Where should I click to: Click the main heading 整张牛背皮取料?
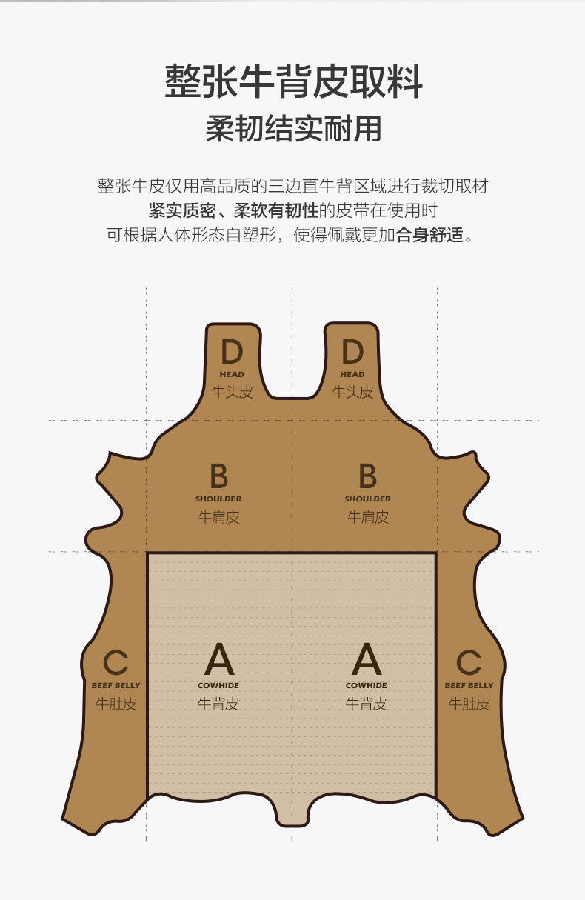tap(293, 81)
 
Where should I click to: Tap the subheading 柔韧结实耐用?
tap(293, 129)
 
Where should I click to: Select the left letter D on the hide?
tap(232, 352)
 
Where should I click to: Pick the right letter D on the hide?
tap(352, 352)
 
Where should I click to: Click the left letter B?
tap(218, 476)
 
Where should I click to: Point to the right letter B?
tap(367, 476)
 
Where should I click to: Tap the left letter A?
tap(218, 659)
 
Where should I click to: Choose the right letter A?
tap(366, 659)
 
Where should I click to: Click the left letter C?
tap(116, 662)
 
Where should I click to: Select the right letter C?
tap(469, 662)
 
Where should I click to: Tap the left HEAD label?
tap(232, 375)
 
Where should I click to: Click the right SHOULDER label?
tap(367, 499)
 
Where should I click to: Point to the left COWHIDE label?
tap(218, 686)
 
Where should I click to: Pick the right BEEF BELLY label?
tap(469, 686)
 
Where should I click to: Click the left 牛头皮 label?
tap(232, 392)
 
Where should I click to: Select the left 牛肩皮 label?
tap(218, 517)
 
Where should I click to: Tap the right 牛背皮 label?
tap(366, 704)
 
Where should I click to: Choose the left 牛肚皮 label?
tap(116, 704)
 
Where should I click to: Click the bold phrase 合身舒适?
tap(429, 236)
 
